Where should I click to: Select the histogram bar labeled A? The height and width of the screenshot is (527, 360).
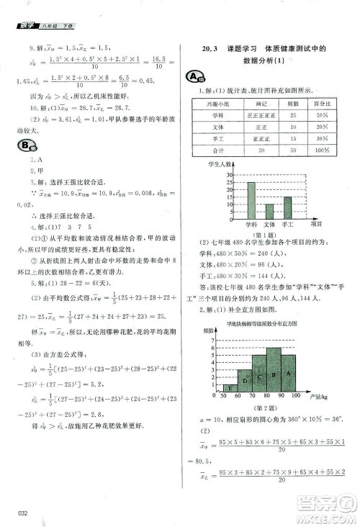point(288,374)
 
